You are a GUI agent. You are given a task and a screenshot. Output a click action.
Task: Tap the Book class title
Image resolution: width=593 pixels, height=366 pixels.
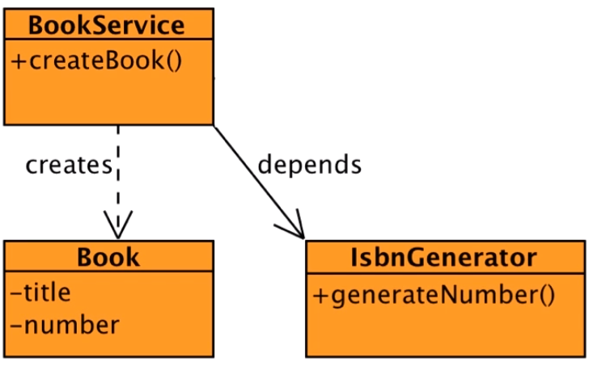[108, 257]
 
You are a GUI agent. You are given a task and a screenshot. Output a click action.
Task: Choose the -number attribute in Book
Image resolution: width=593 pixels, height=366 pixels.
[65, 325]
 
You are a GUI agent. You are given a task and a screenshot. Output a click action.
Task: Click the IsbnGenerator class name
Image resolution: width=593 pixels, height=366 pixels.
[444, 257]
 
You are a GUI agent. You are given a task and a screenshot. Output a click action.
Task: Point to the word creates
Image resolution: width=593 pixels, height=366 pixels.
[68, 165]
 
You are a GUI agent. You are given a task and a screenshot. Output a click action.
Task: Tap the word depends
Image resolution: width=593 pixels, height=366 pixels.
[309, 165]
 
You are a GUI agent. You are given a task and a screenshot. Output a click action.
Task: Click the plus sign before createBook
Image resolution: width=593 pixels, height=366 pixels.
[19, 62]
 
